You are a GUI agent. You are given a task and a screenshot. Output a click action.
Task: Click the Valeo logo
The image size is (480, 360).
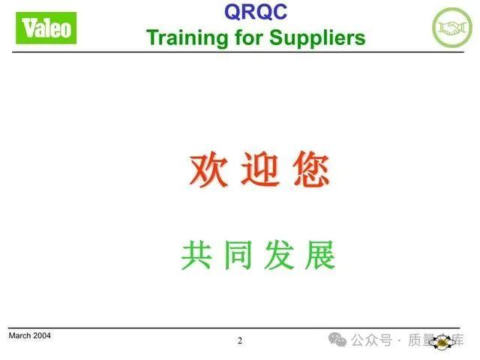coord(47,28)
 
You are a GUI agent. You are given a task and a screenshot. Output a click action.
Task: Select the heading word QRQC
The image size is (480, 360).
coord(255,12)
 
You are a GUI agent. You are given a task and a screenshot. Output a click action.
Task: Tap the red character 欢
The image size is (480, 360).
coord(208,170)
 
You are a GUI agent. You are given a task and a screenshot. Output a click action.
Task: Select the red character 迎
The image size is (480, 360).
coord(259,170)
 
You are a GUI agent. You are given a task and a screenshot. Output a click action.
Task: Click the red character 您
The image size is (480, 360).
coord(310,170)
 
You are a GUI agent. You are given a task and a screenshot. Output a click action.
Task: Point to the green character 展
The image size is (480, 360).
coord(320,256)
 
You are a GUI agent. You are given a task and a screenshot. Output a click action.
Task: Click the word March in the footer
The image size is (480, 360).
coord(20,335)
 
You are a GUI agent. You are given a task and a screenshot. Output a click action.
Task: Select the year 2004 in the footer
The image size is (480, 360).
coord(42,335)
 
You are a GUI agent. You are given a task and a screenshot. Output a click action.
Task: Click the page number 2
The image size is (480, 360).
coord(240,340)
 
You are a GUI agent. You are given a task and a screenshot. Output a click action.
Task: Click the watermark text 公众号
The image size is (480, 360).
coord(372,340)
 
